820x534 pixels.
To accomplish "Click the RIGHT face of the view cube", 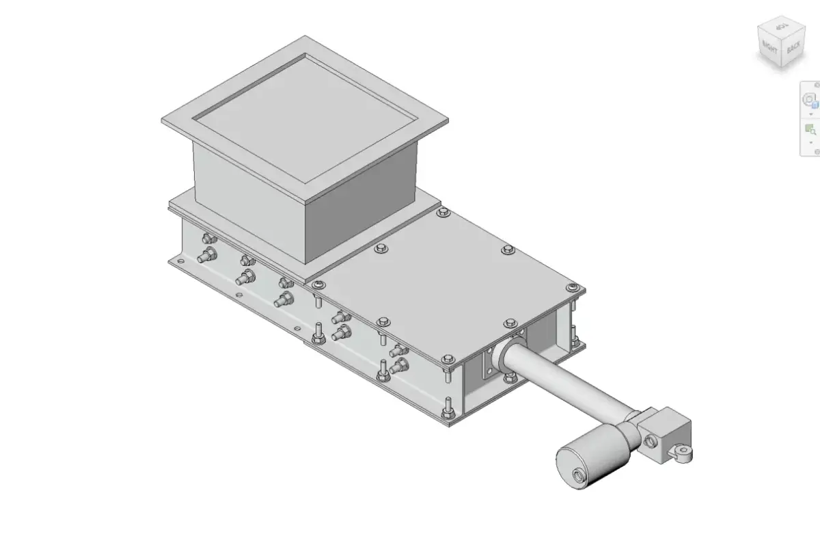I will coord(769,49).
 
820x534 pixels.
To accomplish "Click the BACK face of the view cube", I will coord(793,49).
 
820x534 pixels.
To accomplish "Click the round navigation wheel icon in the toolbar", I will coord(810,100).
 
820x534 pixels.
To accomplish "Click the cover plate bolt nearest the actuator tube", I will coord(510,323).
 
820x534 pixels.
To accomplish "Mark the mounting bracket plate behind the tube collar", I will coord(491,362).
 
